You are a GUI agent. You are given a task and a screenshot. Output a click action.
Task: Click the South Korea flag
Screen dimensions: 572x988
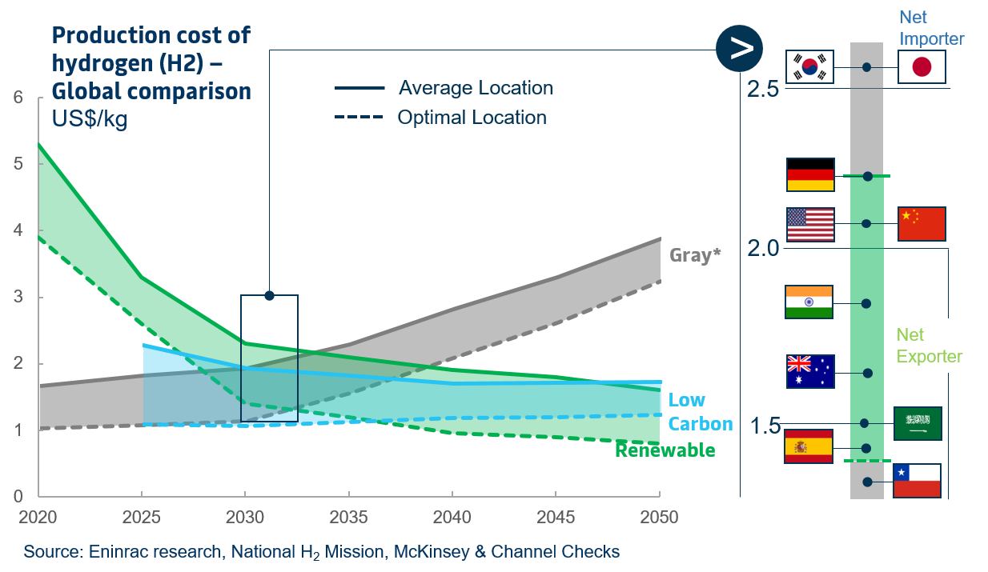pyautogui.click(x=810, y=67)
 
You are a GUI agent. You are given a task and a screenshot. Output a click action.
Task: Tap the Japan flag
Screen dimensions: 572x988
pyautogui.click(x=922, y=67)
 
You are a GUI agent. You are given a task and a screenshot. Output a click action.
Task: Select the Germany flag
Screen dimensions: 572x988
pyautogui.click(x=810, y=174)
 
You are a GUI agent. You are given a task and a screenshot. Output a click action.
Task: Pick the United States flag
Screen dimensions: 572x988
pyautogui.click(x=810, y=224)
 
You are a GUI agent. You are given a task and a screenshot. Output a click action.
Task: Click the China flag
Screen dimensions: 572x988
pyautogui.click(x=922, y=224)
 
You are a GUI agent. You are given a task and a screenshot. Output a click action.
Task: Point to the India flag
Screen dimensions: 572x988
pyautogui.click(x=810, y=302)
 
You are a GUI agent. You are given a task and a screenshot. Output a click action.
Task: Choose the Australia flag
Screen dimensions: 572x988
pyautogui.click(x=810, y=372)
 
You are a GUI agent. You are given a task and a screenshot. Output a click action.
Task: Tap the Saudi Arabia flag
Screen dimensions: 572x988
pyautogui.click(x=918, y=423)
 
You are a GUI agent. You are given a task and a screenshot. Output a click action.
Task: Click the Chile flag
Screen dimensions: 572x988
pyautogui.click(x=916, y=481)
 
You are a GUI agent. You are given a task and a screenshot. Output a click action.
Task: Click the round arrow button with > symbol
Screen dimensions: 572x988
pyautogui.click(x=741, y=49)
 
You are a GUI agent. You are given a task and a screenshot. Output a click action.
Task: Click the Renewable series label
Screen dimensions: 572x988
pyautogui.click(x=665, y=450)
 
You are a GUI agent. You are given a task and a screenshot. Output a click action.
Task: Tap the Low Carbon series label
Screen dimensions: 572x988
pyautogui.click(x=700, y=412)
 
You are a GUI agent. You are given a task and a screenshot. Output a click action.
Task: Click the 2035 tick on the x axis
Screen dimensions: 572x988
pyautogui.click(x=348, y=518)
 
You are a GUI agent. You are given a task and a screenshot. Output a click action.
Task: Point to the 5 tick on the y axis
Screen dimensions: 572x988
pyautogui.click(x=17, y=164)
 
